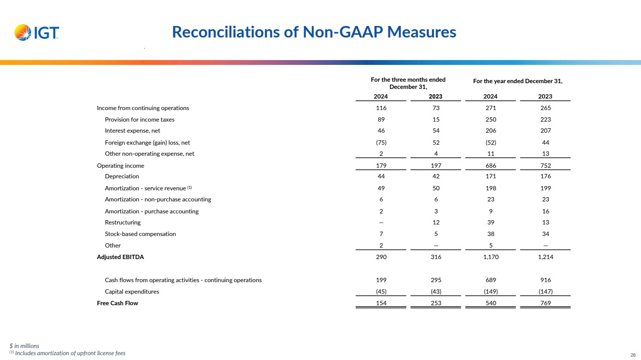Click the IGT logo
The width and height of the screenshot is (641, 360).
point(37,33)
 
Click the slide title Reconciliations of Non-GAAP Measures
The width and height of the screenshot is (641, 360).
point(314,32)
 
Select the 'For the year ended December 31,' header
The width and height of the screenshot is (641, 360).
point(517,81)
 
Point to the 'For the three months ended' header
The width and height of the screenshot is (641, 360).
point(408,80)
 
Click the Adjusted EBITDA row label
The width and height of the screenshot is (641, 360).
point(120,257)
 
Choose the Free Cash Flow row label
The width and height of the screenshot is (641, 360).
point(117,303)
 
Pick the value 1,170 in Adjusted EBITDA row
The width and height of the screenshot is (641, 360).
point(490,257)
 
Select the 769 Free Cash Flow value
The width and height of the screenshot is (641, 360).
point(545,303)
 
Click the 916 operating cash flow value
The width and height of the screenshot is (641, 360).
point(545,280)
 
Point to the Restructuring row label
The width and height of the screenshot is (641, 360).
point(123,223)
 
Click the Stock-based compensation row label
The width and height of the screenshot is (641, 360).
point(140,234)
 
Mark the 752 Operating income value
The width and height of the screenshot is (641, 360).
point(545,166)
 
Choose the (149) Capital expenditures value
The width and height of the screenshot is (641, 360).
point(490,292)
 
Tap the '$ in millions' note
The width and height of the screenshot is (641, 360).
point(24,346)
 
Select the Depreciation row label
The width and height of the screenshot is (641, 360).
point(122,176)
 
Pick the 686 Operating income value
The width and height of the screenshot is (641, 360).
point(490,166)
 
